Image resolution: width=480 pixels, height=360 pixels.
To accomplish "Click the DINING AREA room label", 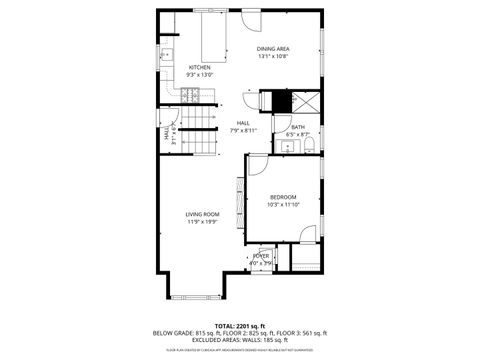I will click(273, 48).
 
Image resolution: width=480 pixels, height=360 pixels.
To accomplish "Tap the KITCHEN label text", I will click(200, 67).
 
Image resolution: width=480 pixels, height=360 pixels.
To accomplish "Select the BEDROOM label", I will click(283, 198).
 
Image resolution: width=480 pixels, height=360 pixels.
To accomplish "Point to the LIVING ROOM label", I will click(201, 215).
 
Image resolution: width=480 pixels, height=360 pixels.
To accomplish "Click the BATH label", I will click(298, 127).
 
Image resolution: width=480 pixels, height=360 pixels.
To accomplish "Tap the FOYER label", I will click(261, 256).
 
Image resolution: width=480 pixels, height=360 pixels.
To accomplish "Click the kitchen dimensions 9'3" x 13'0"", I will click(200, 75).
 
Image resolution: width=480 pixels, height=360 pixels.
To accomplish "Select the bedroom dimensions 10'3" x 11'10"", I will click(283, 205).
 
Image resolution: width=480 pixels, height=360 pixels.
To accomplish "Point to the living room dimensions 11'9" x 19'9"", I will click(201, 222).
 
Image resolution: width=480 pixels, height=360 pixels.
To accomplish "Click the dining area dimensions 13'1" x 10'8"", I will click(273, 56).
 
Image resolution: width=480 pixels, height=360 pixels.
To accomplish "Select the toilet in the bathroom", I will click(310, 146).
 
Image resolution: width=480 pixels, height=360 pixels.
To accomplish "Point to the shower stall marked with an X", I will click(304, 101).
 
